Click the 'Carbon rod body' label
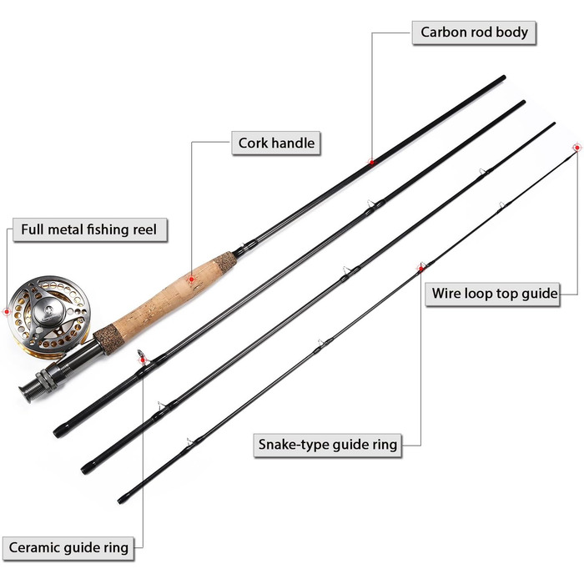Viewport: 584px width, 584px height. pos(474,33)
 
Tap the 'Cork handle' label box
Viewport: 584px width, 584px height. pos(276,143)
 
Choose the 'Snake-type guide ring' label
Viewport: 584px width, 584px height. pos(327,446)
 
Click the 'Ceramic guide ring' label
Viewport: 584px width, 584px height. pos(68,548)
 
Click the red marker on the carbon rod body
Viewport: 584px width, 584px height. pos(371,162)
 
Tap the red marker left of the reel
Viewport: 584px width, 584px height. pos(7,312)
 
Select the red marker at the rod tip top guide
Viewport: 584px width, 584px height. pos(576,148)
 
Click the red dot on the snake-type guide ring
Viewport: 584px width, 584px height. pos(420,267)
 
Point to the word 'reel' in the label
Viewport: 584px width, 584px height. pos(149,229)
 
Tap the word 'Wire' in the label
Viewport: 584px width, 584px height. pos(448,295)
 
